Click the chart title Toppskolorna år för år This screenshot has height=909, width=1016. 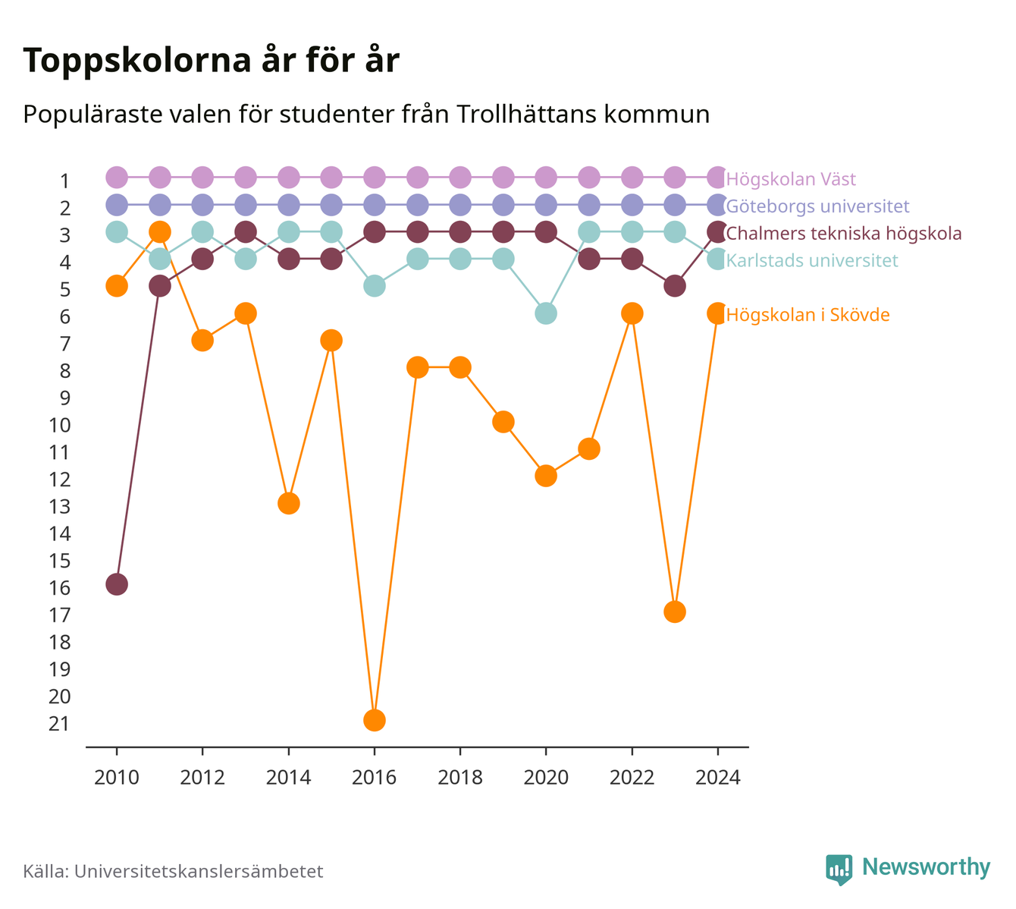point(211,61)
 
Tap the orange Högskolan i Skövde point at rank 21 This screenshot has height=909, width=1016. point(374,720)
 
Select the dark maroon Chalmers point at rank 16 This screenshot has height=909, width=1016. point(117,584)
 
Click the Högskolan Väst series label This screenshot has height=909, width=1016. point(791,178)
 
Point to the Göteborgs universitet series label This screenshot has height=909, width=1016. point(817,206)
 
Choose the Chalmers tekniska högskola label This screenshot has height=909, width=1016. point(843,233)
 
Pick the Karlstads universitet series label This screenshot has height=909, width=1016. point(812,260)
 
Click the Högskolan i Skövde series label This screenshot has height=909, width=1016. point(808,315)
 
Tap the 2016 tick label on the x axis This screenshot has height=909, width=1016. point(374,778)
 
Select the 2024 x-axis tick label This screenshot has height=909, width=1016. point(717,778)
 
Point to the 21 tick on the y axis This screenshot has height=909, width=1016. point(59,724)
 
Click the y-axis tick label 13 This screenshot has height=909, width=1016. point(59,506)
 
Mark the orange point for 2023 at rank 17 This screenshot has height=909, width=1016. point(675,612)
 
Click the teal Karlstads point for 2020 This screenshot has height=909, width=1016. point(546,313)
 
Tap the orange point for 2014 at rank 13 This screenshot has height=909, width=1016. point(288,503)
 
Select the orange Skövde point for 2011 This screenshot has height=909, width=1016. point(160,232)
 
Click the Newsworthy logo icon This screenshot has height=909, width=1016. point(839,870)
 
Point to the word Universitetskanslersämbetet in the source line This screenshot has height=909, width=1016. point(199,871)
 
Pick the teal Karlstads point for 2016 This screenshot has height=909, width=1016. point(374,286)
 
